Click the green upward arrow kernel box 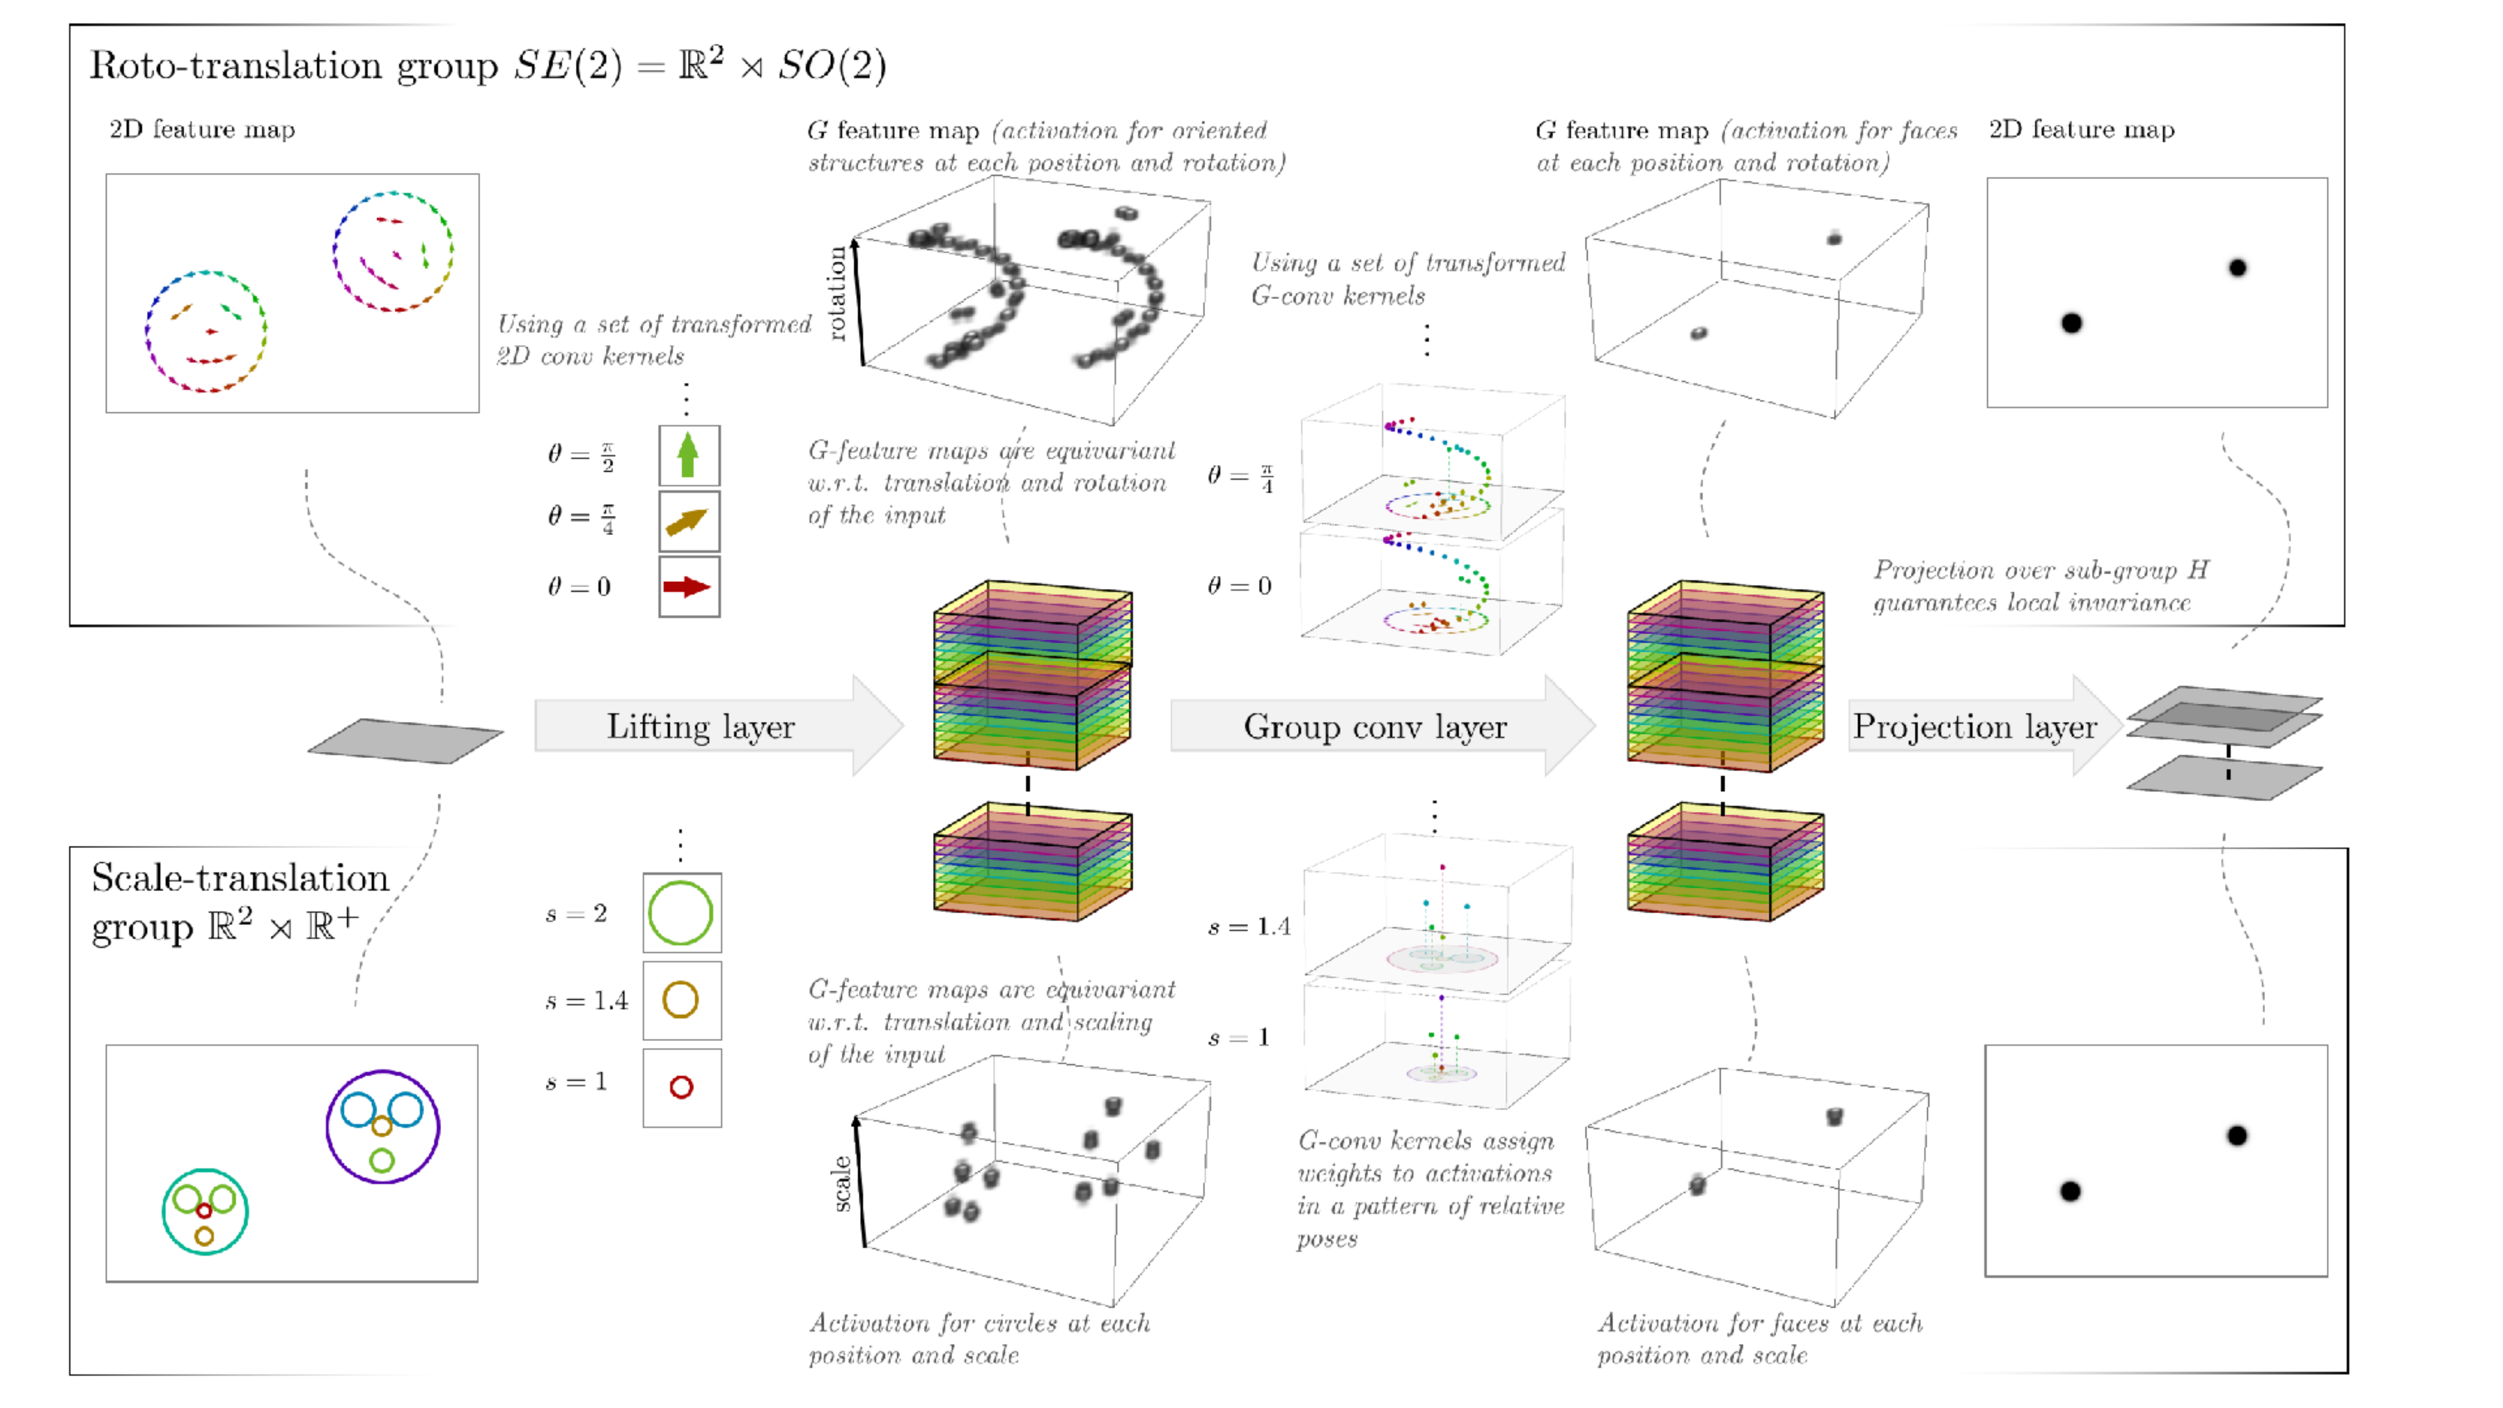(689, 455)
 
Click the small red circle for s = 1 (681, 1087)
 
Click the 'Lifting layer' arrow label (701, 727)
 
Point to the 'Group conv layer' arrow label (1375, 727)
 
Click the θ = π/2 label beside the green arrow (580, 455)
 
